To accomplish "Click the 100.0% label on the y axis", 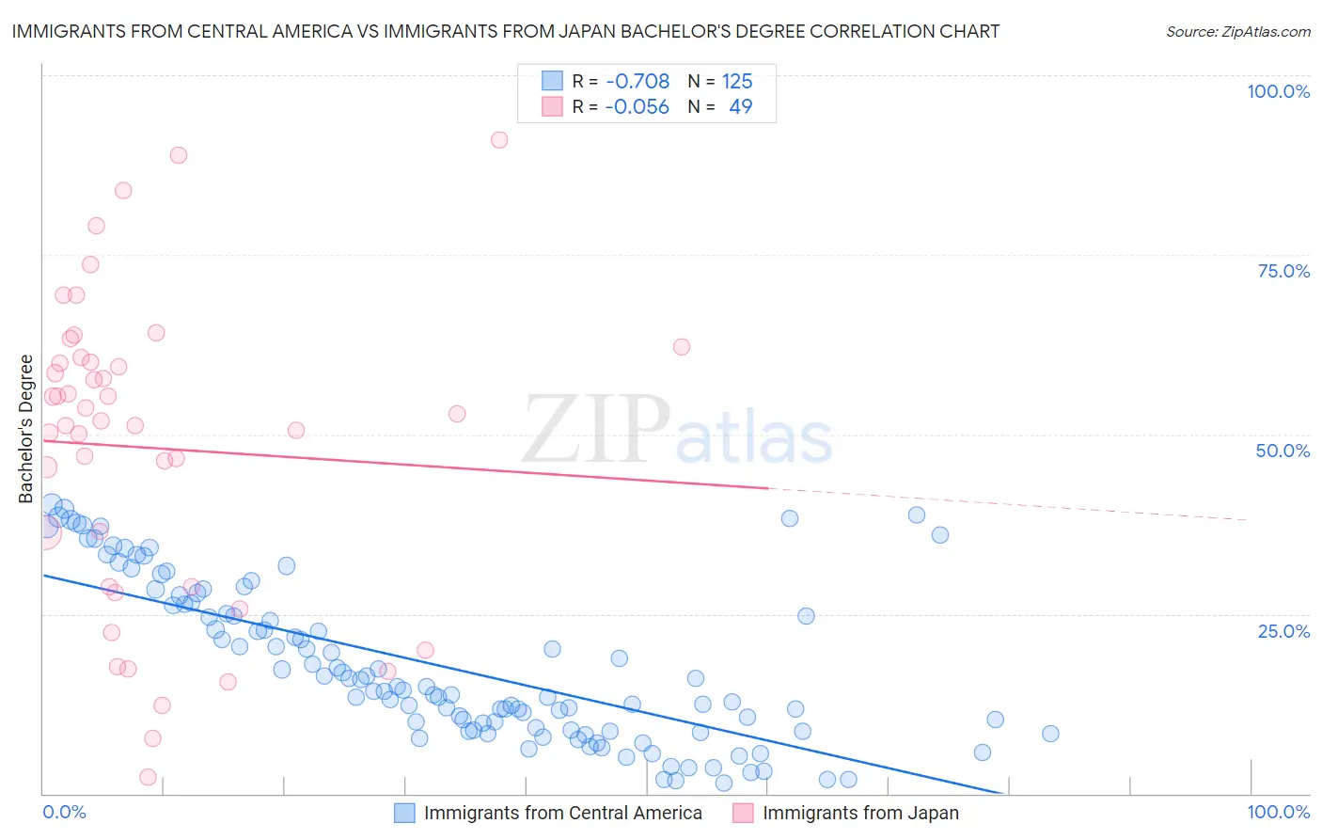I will pos(1278,91).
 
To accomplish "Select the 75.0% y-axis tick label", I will pos(1283,271).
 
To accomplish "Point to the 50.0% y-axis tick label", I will pos(1283,451).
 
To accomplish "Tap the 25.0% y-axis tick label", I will pos(1283,630).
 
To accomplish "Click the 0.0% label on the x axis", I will pos(64,812).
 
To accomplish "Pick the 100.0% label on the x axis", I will pos(1278,812).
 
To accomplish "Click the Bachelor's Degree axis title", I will pos(26,428).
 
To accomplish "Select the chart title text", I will pos(505,31).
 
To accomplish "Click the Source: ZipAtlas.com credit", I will pos(1237,31).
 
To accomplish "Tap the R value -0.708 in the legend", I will pos(637,81).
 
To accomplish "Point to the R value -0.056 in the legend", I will pos(637,106).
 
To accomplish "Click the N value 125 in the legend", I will pos(737,81).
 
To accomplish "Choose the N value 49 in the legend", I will pos(740,106).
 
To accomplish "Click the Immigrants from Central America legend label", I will pos(562,813).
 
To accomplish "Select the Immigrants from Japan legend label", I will pos(860,813).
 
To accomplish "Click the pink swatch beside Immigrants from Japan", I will pos(743,813).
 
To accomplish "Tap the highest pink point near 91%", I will pos(499,140).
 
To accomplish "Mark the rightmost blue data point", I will pos(1050,734).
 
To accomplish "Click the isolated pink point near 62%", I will pos(682,347).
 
